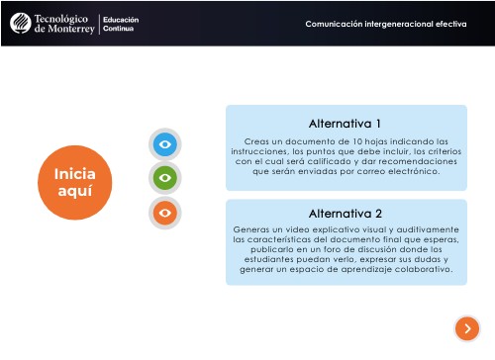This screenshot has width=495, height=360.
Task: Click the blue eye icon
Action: click(166, 145)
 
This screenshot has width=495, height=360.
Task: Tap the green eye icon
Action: click(166, 178)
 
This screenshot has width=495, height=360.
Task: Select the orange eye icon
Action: click(166, 211)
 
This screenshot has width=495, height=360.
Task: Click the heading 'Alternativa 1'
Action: click(346, 124)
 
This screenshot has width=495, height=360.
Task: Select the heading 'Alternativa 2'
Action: click(346, 213)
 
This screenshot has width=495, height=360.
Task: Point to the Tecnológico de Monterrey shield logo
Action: click(19, 23)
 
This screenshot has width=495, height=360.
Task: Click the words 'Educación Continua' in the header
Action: click(123, 23)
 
